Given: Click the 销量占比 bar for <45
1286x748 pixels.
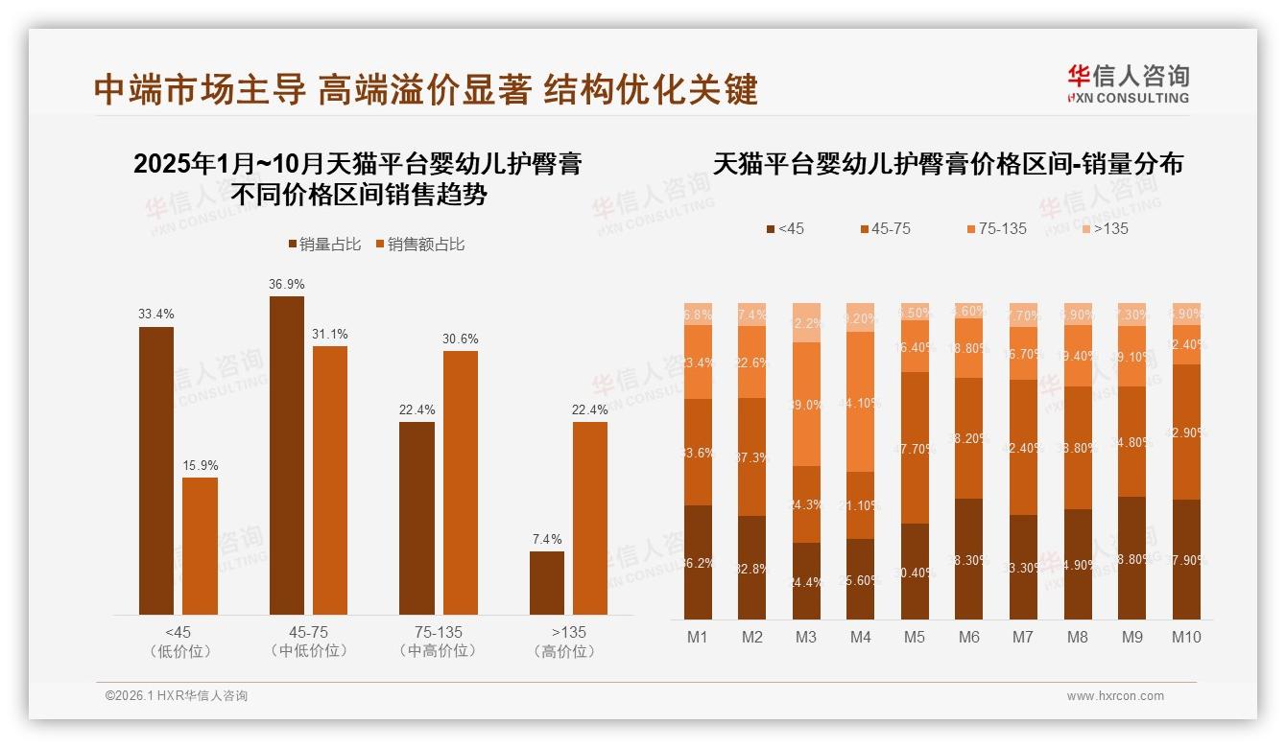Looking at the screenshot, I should [x=156, y=470].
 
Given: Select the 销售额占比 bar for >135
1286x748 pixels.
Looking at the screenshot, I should [x=590, y=518].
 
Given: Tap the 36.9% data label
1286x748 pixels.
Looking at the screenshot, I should [x=287, y=284].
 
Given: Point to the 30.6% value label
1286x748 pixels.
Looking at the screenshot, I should [x=460, y=339].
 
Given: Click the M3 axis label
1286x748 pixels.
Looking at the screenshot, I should [x=806, y=637].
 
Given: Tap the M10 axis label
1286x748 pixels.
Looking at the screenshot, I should [x=1186, y=637].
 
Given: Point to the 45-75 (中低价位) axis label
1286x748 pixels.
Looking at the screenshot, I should [x=308, y=642].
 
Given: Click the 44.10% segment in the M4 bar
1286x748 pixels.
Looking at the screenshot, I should [x=861, y=403].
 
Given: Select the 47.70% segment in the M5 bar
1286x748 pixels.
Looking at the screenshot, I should [x=916, y=447].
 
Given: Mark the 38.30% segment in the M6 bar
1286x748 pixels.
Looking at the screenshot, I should [x=969, y=559].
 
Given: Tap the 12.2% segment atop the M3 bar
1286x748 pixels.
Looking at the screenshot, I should [x=806, y=323].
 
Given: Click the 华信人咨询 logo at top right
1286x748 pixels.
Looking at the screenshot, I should [x=1128, y=83].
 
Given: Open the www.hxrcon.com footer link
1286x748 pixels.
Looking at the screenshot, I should [x=1115, y=696].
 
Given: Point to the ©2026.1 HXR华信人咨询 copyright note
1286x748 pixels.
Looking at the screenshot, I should [x=177, y=696].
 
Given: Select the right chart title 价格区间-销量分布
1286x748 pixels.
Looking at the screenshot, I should [x=947, y=164].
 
